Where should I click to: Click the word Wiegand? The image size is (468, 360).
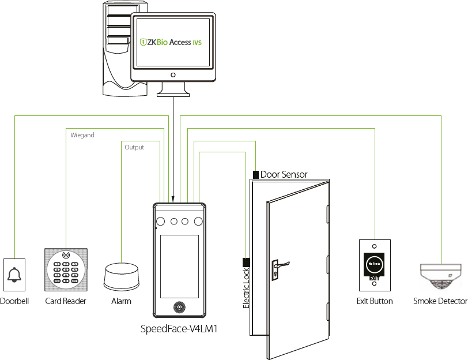(82, 135)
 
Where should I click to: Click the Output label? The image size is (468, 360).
(134, 147)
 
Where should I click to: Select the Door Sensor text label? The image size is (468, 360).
(284, 174)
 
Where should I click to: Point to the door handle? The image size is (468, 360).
(280, 265)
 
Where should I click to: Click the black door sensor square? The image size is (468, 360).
(255, 174)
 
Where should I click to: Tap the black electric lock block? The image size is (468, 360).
(246, 261)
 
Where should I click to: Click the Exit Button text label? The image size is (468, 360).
(375, 301)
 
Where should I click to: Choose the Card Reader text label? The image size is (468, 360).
(66, 301)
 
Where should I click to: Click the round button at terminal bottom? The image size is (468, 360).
(179, 308)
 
